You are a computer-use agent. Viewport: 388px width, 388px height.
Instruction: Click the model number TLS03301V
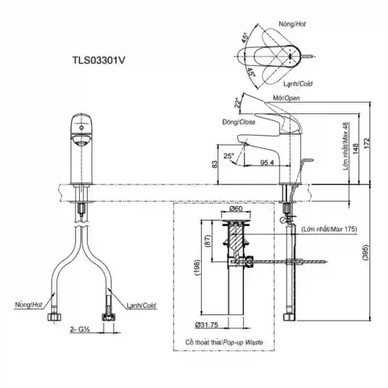point(99,60)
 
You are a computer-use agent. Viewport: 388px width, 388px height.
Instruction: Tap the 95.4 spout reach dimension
point(267,163)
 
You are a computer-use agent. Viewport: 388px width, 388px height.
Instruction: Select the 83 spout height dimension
point(214,164)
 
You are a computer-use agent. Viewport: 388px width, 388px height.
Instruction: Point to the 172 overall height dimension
point(366,143)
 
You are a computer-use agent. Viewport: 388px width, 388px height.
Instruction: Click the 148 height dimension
point(355,149)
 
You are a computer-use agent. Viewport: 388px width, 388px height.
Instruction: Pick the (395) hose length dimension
point(365,252)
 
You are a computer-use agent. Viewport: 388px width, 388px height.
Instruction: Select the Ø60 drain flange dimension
point(236,209)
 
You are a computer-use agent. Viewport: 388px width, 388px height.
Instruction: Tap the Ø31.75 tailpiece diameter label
point(207,325)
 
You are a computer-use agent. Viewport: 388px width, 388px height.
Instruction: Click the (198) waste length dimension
point(197,267)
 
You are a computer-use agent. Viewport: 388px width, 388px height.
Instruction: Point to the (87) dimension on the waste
point(208,241)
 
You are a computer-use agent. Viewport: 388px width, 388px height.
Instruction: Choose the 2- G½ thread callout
point(80,329)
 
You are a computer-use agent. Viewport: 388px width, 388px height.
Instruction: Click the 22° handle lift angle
point(238,103)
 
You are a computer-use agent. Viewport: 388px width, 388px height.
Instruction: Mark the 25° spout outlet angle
point(229,156)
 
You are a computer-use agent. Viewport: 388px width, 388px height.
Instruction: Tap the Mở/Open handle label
point(286,98)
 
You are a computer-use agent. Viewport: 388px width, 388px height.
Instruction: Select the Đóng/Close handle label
point(239,122)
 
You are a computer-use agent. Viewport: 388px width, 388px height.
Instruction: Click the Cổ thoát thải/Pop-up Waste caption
point(224,342)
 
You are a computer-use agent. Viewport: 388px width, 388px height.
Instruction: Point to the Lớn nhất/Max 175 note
point(329,229)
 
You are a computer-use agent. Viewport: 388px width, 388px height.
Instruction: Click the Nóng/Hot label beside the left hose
point(29,305)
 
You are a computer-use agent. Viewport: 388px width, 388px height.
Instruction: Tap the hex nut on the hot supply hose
point(55,317)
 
